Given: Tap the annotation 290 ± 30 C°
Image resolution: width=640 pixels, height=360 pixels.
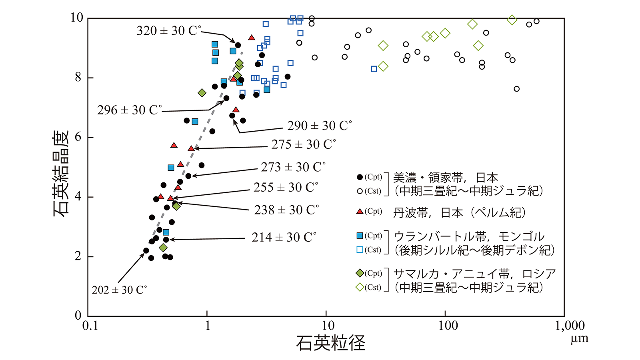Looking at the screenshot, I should [x=319, y=126].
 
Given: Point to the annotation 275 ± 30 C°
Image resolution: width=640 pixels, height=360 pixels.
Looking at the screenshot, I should [x=304, y=144].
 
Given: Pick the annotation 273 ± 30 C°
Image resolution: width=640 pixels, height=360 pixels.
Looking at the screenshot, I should [x=293, y=167].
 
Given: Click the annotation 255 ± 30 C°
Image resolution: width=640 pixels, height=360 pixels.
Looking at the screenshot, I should [x=286, y=188].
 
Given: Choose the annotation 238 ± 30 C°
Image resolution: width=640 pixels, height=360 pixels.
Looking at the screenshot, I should [x=286, y=210].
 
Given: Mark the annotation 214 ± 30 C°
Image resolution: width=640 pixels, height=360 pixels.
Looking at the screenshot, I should [x=284, y=238].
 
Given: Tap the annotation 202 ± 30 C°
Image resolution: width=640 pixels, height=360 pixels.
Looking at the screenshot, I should [x=119, y=290].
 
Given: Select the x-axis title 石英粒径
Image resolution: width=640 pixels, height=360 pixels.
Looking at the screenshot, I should [x=331, y=343].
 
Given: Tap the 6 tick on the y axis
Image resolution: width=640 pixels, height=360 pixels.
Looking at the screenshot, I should [x=78, y=137].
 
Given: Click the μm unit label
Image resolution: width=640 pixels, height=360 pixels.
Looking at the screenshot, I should [x=580, y=339].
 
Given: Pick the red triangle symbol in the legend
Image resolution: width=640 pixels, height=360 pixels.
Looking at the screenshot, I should [x=360, y=211].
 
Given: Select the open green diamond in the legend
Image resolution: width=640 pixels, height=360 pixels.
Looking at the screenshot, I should [x=360, y=287].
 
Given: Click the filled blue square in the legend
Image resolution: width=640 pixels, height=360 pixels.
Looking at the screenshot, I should [x=360, y=236].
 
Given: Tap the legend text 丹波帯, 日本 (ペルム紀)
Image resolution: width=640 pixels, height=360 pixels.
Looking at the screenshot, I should [x=459, y=212].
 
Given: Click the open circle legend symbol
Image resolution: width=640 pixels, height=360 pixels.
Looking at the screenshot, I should [x=360, y=191].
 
